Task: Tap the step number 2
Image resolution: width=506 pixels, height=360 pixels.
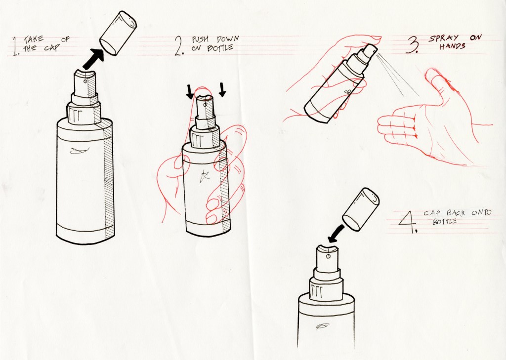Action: point(179,46)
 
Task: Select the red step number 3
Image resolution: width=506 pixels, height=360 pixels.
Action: point(413,44)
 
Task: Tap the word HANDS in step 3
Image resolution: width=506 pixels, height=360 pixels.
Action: point(452,46)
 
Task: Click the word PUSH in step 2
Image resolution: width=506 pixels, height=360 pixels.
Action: point(200,40)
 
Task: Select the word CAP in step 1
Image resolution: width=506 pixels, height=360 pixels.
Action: point(52,48)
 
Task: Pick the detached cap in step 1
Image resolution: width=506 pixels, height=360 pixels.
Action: point(118,33)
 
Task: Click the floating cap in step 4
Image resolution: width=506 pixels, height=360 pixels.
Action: point(360,210)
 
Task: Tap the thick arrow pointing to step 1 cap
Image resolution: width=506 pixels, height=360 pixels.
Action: point(93,59)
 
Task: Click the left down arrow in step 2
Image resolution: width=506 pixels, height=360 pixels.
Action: point(190,91)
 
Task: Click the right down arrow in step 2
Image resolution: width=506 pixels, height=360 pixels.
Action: point(222,89)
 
